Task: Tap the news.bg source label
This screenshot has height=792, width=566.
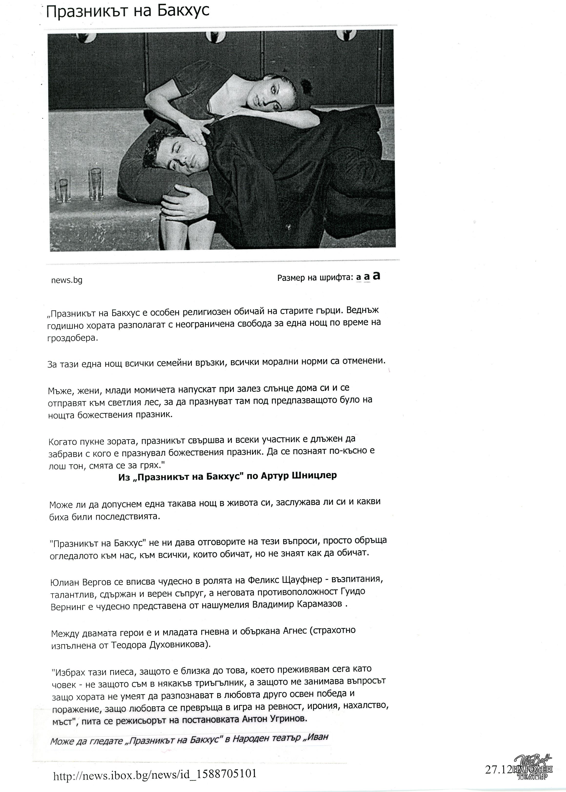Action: pos(67,280)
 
